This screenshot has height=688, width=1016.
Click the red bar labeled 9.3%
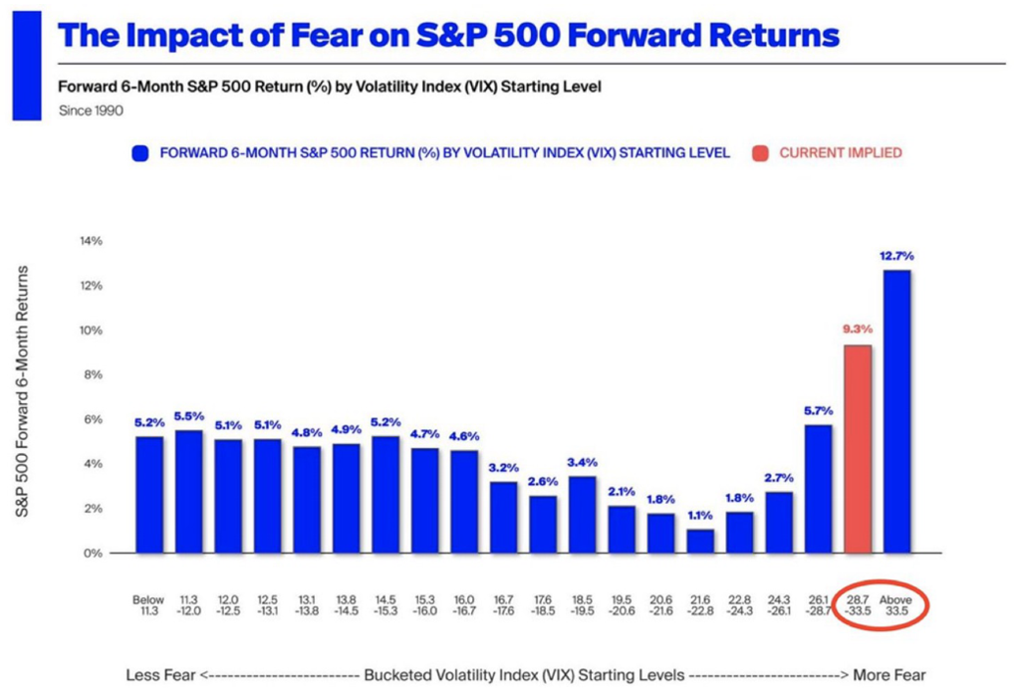[858, 449]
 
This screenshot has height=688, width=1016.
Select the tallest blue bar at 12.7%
[896, 411]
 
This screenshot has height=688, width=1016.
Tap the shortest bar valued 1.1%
[700, 541]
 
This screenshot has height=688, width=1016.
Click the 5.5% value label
[188, 416]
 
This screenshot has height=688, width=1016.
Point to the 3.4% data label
[582, 463]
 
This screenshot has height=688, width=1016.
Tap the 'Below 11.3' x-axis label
[148, 606]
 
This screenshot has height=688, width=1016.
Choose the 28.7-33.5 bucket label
[858, 606]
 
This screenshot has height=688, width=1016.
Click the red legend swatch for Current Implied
[760, 153]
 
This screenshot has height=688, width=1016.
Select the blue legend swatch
[140, 153]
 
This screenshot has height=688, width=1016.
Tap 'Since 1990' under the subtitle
[92, 111]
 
